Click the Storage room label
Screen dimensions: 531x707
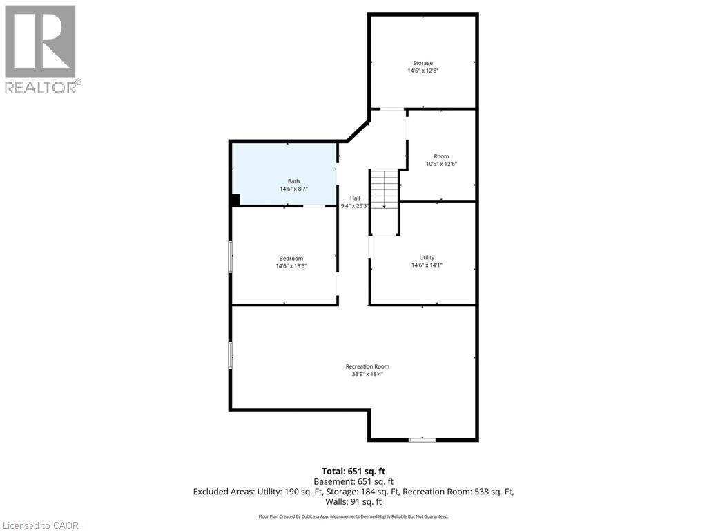pos(423,63)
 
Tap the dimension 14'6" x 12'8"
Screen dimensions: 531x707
pos(423,71)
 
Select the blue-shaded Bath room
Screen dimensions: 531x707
pos(284,173)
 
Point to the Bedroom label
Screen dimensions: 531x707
pos(291,258)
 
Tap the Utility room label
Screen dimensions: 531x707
pos(427,257)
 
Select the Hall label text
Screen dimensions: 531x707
pos(354,198)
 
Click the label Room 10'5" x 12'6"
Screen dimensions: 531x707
pos(441,160)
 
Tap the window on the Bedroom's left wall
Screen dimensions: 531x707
pos(231,257)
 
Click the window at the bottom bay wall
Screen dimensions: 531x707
pos(421,439)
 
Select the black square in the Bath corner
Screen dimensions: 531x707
pos(235,200)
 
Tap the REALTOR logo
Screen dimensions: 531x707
pos(41,48)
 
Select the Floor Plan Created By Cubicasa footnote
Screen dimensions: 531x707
pos(353,516)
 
